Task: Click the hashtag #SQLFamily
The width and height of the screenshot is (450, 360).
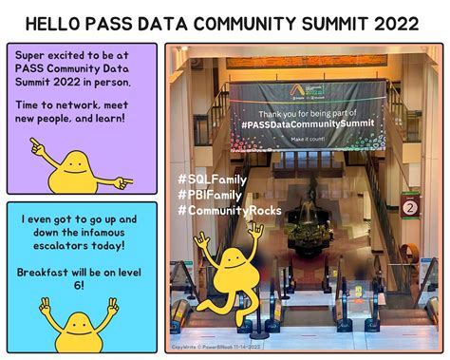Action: pos(212,178)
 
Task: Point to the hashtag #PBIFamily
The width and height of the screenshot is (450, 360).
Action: pos(211,194)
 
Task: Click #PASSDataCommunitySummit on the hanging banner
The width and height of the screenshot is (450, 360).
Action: pos(307,123)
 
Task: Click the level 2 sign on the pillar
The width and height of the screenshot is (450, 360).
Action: pos(411,205)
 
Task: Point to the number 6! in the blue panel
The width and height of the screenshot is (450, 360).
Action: pos(80,284)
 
